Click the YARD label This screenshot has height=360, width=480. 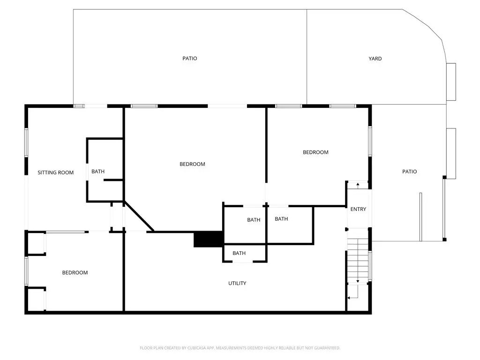click(375, 59)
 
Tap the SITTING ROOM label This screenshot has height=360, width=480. click(55, 172)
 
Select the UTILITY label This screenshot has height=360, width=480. click(237, 283)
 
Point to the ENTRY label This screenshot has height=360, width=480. click(358, 209)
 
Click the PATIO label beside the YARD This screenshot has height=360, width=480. click(190, 58)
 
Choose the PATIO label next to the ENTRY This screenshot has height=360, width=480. click(410, 172)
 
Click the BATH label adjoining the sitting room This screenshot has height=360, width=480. click(98, 172)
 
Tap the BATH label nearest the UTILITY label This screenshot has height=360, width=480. click(239, 253)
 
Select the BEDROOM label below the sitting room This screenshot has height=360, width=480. click(75, 272)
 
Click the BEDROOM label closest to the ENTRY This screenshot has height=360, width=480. click(315, 152)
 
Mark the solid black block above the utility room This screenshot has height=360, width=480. click(208, 239)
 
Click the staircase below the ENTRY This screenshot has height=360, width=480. click(358, 261)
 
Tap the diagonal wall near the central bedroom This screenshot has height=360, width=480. click(139, 216)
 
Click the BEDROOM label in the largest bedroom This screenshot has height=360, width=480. click(192, 164)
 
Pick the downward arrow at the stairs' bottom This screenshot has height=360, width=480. click(358, 281)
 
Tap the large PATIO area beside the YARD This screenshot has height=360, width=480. click(190, 57)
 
